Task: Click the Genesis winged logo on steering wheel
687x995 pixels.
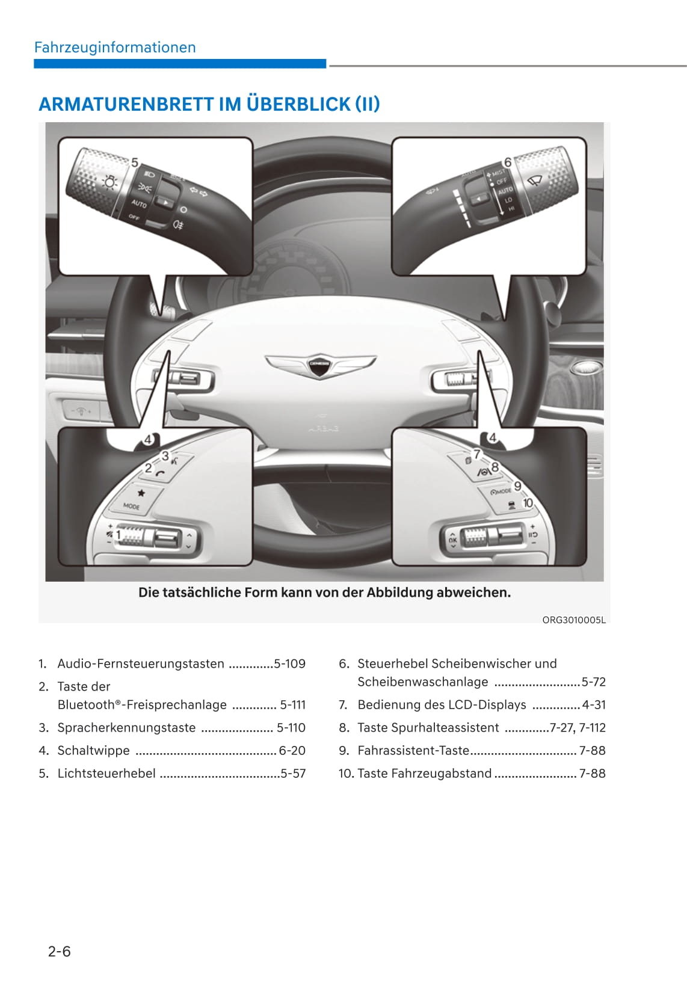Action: [x=321, y=365]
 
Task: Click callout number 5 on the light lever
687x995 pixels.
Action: [x=135, y=162]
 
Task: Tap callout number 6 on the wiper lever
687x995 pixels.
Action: [x=508, y=162]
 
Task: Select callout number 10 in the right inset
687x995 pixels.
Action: [x=528, y=503]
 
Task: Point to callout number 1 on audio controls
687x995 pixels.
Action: [x=119, y=535]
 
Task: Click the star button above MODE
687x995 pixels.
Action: [x=141, y=493]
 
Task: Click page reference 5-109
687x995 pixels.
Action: [x=289, y=664]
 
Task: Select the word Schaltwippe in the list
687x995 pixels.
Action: [x=93, y=750]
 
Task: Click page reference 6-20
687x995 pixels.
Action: [x=292, y=750]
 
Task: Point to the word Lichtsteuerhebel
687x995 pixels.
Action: [x=106, y=773]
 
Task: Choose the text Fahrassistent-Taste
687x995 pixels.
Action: [x=413, y=750]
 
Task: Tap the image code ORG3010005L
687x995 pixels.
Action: [x=573, y=620]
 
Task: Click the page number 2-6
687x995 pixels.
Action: [x=60, y=951]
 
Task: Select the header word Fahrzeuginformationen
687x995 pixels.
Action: [x=115, y=48]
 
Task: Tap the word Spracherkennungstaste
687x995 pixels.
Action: [x=126, y=727]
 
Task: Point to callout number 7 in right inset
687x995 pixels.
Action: [x=477, y=454]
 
